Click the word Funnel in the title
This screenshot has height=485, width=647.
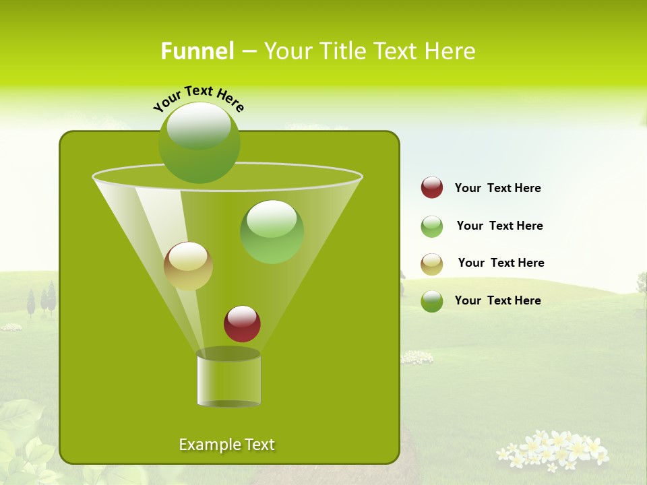pyautogui.click(x=197, y=51)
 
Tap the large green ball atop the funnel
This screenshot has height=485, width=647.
pyautogui.click(x=199, y=142)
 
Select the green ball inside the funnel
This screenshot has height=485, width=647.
pyautogui.click(x=272, y=232)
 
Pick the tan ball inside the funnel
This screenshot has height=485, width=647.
pyautogui.click(x=188, y=266)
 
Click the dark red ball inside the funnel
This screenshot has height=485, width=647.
pyautogui.click(x=242, y=323)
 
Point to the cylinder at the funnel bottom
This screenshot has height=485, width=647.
pyautogui.click(x=228, y=379)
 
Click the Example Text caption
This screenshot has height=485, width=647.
pyautogui.click(x=226, y=445)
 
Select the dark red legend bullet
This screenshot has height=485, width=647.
pyautogui.click(x=432, y=187)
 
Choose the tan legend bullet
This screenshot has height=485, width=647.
pyautogui.click(x=432, y=264)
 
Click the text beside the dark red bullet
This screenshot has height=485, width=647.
pyautogui.click(x=497, y=188)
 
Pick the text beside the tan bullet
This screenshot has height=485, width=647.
pyautogui.click(x=501, y=263)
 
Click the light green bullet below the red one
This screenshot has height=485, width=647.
pyautogui.click(x=432, y=226)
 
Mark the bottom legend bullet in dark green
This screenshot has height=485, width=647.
pyautogui.click(x=432, y=301)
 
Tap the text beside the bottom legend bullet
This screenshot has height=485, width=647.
pyautogui.click(x=497, y=300)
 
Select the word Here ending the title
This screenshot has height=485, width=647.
pyautogui.click(x=452, y=51)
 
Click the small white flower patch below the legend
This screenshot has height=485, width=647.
pyautogui.click(x=417, y=357)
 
